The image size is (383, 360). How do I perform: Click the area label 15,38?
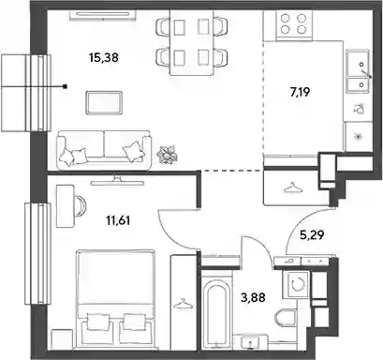click(x=104, y=58)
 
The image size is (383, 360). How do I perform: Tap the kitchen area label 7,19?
click(x=301, y=93)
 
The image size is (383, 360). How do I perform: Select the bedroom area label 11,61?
click(x=118, y=221)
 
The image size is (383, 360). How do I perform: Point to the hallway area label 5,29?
click(x=312, y=235)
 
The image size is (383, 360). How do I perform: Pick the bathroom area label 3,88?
click(x=253, y=297)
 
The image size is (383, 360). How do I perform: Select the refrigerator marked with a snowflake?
click(x=358, y=137)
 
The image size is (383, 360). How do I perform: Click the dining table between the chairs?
click(x=192, y=42)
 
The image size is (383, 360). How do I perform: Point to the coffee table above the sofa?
click(x=104, y=103)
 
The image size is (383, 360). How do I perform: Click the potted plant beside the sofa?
click(x=168, y=155)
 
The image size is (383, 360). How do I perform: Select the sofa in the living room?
click(x=104, y=150)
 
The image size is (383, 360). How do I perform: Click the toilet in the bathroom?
click(x=286, y=318)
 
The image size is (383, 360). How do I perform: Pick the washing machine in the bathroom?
click(x=297, y=284)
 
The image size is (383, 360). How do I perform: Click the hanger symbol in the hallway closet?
click(x=292, y=187)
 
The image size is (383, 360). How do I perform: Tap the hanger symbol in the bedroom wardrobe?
click(x=183, y=304)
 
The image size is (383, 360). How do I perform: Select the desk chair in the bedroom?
click(x=81, y=205)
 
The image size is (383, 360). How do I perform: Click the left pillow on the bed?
click(x=98, y=322)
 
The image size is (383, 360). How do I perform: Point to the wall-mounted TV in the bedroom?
click(x=117, y=182)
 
